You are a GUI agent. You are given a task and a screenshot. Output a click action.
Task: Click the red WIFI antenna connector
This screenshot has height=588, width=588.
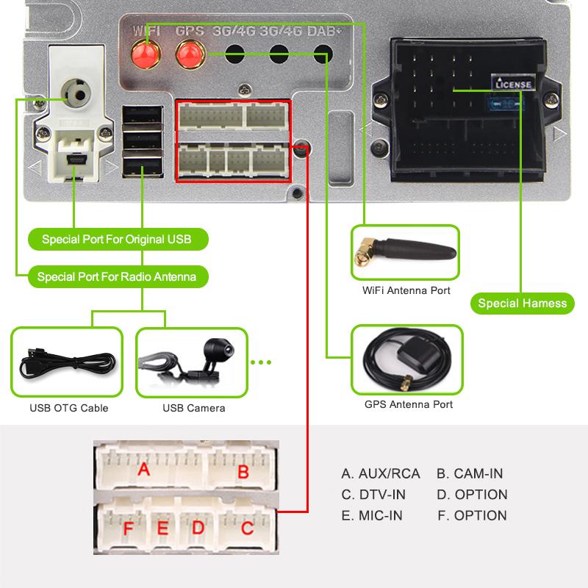click(x=146, y=53)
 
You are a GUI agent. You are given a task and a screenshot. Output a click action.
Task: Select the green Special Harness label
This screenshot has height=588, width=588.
click(x=522, y=303)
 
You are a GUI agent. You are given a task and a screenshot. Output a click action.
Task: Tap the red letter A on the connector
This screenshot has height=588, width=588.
click(x=143, y=468)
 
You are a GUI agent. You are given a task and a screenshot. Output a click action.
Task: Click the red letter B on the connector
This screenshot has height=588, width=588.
click(x=243, y=471)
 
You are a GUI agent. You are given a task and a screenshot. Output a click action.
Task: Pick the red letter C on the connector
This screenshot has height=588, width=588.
click(x=248, y=527)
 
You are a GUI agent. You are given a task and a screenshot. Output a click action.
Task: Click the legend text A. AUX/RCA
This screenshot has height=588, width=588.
click(x=381, y=473)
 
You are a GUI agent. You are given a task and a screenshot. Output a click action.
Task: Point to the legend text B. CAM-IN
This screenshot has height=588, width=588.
click(x=470, y=473)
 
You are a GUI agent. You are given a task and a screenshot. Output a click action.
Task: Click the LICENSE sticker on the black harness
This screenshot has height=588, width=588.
click(x=513, y=85)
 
